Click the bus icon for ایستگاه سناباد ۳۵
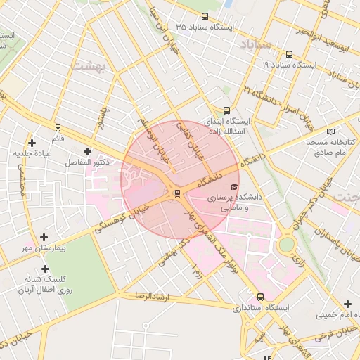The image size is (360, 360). coord(205,16)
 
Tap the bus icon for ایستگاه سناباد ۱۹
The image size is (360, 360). coord(289,54)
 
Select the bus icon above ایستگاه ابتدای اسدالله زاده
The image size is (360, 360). coord(226,110)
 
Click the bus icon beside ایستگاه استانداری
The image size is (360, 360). coord(261,297)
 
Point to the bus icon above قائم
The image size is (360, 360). coord(58,128)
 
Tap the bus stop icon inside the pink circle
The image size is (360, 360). coord(176,193)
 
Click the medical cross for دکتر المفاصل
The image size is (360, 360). coord(87,151)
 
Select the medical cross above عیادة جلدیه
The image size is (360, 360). coord(32,143)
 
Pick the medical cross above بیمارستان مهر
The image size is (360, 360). coord(44,238)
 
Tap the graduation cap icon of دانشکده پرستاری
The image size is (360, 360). coord(234,186)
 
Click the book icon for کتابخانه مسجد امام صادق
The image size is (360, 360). coord(331,131)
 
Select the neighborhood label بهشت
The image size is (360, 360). coord(88,65)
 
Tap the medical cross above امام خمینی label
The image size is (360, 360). coord(347,304)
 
